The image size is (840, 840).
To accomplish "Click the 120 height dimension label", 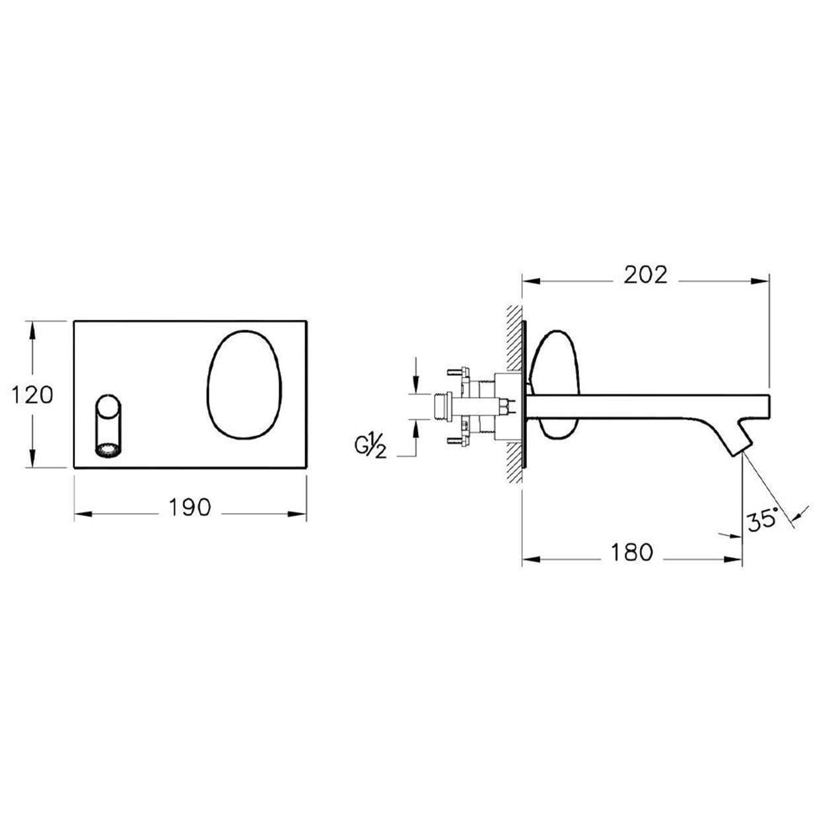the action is (32, 395).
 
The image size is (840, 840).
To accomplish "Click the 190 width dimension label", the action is (190, 507).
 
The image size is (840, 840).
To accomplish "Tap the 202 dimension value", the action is (645, 275).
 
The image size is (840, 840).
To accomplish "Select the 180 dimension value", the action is (631, 552).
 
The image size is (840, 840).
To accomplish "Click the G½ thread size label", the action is (370, 446).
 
